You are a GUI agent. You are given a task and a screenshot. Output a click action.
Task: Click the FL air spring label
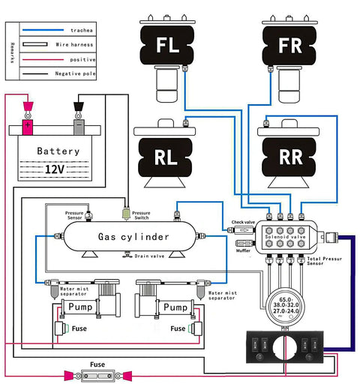167,45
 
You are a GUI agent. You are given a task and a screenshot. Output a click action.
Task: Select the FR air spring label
290,45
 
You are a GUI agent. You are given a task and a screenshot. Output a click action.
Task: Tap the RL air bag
166,158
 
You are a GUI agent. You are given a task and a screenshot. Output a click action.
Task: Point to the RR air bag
290,158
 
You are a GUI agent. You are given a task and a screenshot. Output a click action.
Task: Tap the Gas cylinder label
133,237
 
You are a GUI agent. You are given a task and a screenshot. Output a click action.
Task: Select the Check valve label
244,221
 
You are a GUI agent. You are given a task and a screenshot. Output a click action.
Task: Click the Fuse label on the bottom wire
98,364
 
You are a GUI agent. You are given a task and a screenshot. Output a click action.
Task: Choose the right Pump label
175,307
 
